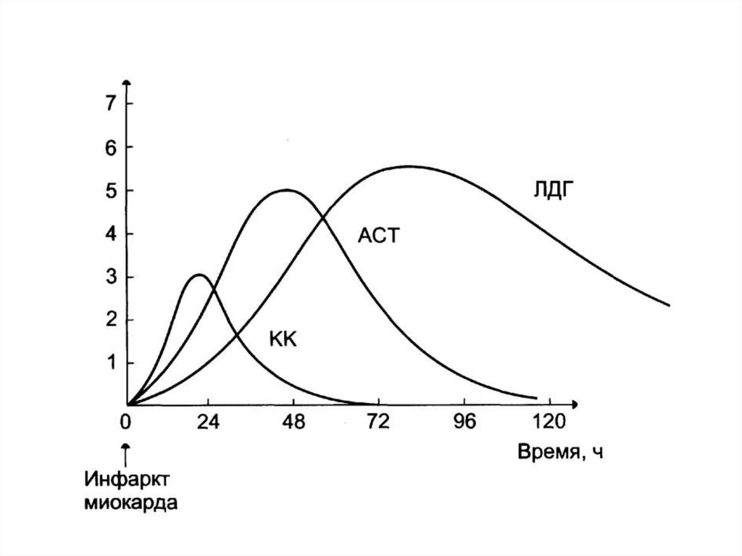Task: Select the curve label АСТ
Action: (378, 236)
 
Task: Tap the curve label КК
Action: (284, 340)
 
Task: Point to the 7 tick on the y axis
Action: (110, 104)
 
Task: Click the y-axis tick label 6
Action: (110, 147)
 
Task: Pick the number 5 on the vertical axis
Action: (110, 191)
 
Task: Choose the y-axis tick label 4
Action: (110, 234)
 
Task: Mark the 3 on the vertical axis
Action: (110, 277)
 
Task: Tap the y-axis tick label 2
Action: (110, 320)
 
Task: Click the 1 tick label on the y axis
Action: (110, 362)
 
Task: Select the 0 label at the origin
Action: (128, 422)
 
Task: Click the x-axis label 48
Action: (293, 422)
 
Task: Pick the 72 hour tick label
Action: (378, 422)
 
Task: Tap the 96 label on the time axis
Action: (464, 422)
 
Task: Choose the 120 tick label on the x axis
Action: (549, 422)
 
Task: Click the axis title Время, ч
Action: (560, 452)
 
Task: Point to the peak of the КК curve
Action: (199, 275)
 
